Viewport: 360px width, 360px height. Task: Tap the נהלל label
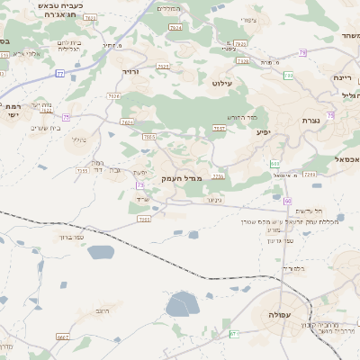tap(79, 139)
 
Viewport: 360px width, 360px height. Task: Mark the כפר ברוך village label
tap(70, 238)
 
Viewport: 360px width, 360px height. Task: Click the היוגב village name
tap(103, 309)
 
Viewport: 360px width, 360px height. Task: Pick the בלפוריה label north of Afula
tap(293, 268)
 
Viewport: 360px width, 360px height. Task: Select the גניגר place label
tap(202, 200)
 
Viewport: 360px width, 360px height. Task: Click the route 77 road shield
tap(59, 74)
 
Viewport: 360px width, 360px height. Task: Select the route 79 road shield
tap(302, 54)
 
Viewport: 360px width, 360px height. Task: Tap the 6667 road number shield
tap(62, 337)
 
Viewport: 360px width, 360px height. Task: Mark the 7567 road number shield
tap(219, 129)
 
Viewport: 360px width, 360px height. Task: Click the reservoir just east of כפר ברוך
tap(101, 252)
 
